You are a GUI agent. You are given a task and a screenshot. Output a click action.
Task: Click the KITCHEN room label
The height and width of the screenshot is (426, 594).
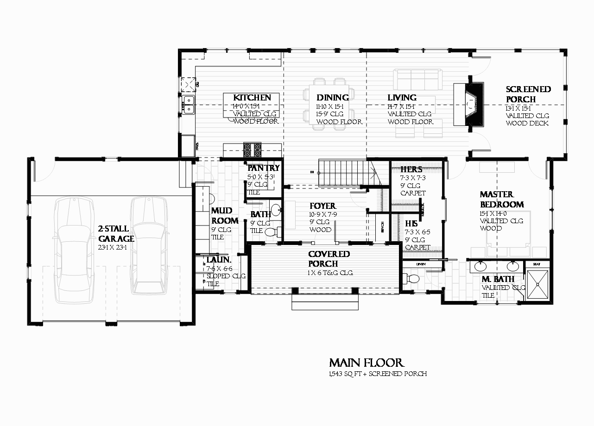252,98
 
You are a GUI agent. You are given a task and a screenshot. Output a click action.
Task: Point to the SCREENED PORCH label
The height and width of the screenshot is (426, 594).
528,94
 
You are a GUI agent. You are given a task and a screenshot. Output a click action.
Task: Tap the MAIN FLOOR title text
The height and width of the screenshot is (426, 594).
367,363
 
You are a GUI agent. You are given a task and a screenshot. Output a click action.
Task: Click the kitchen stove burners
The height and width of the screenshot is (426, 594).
253,150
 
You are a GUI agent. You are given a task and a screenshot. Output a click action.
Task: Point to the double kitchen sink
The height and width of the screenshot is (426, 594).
188,105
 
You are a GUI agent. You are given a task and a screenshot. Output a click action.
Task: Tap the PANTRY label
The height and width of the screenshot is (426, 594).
263,168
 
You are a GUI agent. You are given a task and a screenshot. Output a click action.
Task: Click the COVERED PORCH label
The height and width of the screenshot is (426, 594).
329,259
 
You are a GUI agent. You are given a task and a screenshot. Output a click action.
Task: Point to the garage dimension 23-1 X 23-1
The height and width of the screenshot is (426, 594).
112,247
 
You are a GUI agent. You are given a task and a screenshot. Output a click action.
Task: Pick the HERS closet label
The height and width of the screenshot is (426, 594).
411,169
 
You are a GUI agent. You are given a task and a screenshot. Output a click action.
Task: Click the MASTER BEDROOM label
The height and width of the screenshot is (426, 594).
502,200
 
